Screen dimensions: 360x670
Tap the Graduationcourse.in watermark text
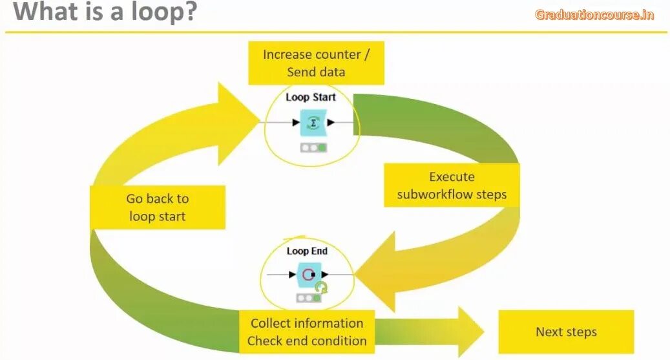coord(594,15)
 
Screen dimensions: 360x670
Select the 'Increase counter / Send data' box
coord(316,63)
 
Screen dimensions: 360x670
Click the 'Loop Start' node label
coord(311,98)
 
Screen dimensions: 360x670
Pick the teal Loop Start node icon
coord(313,122)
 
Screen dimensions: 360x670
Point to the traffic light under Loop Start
coord(313,148)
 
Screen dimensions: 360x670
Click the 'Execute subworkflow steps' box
coord(452,185)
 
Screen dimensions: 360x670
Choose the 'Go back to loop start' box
coord(158,207)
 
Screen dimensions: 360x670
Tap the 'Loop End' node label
coord(307,251)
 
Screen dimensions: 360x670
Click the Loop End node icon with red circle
coord(308,275)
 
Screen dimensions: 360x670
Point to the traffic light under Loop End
coord(308,299)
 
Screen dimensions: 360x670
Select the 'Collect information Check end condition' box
coord(307,332)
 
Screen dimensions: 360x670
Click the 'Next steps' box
coord(566,332)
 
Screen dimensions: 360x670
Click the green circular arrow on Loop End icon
coord(320,287)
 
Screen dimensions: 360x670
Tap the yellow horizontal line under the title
coord(336,32)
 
